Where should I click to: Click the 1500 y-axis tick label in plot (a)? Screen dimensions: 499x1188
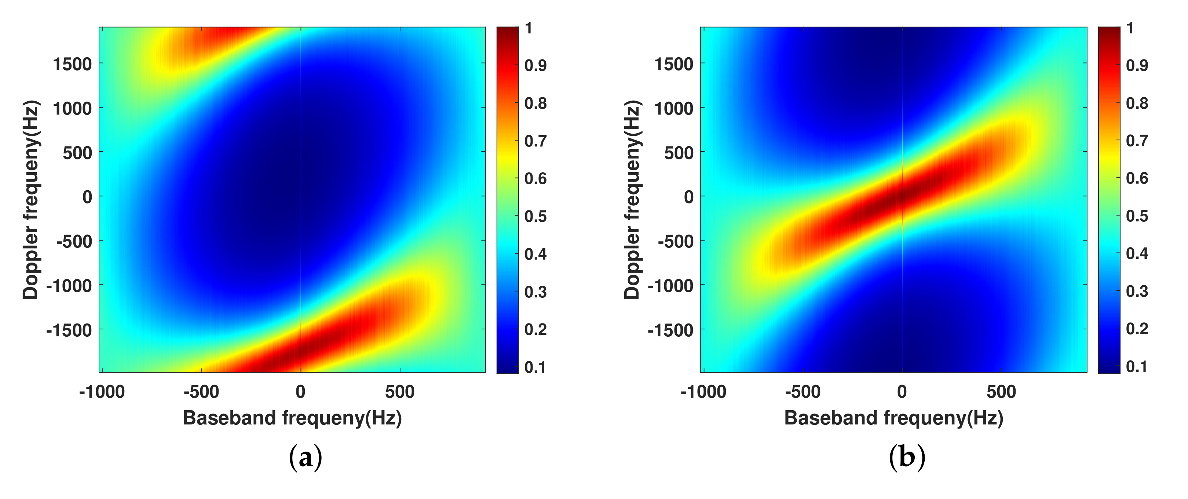tap(72, 64)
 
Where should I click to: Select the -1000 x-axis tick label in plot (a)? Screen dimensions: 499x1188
tap(102, 392)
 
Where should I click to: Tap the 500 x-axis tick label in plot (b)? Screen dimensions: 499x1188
tap(1001, 392)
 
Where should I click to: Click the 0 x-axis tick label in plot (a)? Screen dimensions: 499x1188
tap(301, 392)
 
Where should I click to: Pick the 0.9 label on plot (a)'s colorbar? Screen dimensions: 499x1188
tap(535, 66)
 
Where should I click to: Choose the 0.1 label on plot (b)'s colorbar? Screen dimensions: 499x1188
tap(1137, 366)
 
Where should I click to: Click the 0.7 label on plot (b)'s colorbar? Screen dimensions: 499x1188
tap(1137, 140)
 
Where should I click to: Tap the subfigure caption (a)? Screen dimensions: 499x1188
tap(305, 458)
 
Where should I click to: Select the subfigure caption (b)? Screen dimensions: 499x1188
tap(907, 458)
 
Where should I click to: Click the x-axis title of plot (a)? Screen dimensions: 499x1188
tap(292, 418)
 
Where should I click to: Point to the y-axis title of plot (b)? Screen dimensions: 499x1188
tap(632, 199)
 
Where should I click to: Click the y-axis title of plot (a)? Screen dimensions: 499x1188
tap(31, 199)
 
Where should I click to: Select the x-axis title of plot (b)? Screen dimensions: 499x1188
tap(894, 418)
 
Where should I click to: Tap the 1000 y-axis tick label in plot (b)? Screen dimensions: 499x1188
tap(674, 109)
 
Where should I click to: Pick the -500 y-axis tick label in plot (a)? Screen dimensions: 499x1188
tap(74, 241)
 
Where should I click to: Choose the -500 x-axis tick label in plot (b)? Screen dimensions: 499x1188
tap(803, 392)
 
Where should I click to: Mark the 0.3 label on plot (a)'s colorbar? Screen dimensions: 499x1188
tap(535, 292)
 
